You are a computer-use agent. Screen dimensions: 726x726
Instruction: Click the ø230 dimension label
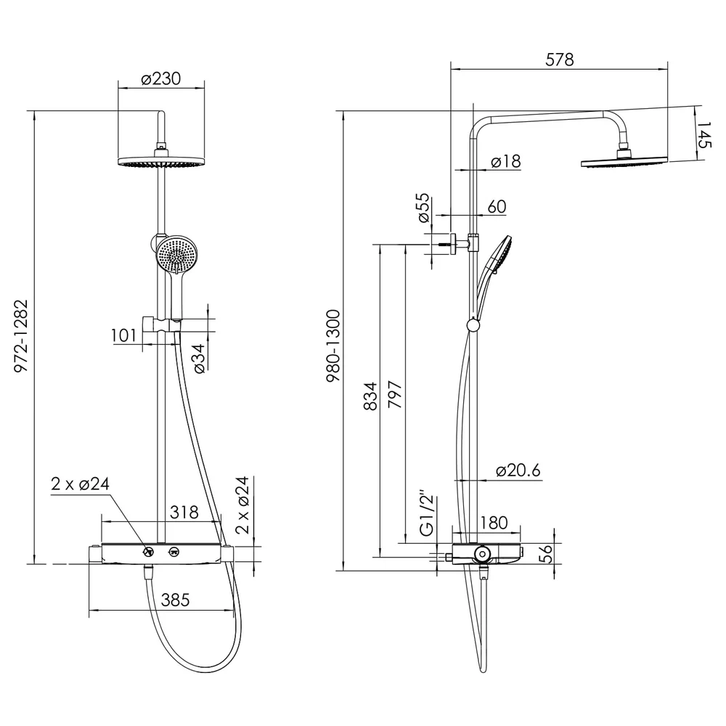pos(160,78)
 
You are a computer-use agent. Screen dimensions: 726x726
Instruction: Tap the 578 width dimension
pos(559,60)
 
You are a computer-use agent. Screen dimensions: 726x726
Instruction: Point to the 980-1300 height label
pos(333,346)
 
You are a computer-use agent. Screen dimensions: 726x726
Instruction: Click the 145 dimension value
pos(703,135)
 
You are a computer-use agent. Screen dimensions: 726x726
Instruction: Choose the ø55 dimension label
pos(424,208)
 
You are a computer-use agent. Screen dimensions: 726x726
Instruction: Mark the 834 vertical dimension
pos(370,396)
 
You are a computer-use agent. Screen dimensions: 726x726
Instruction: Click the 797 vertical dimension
pos(395,394)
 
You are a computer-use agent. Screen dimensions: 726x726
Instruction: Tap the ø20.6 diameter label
pos(518,470)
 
